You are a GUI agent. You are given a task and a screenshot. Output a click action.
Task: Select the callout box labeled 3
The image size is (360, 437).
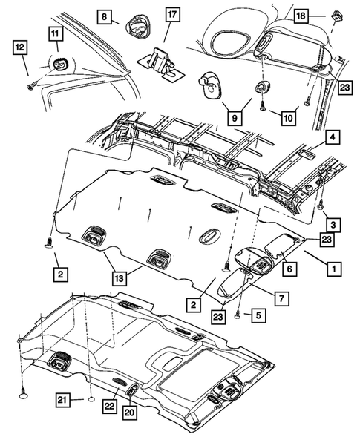[x=335, y=224]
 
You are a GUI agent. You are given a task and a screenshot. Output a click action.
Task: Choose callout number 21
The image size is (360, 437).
[x=65, y=401]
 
